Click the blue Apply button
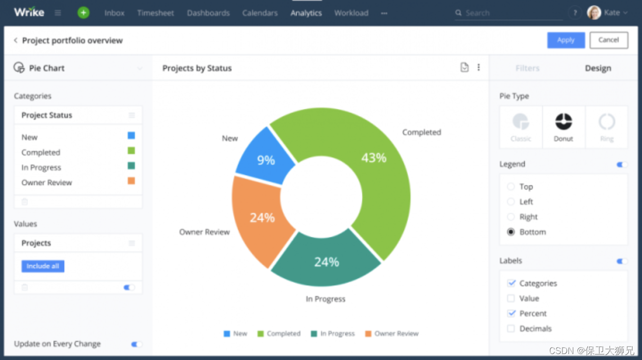click(566, 40)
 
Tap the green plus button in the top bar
click(83, 13)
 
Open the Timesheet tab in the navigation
click(156, 13)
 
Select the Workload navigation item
click(351, 13)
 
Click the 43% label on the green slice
click(374, 158)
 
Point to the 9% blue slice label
click(266, 160)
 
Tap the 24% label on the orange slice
click(262, 218)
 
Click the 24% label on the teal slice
click(327, 262)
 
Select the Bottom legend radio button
click(511, 232)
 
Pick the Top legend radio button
click(511, 186)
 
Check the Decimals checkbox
click(511, 328)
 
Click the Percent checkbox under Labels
click(511, 313)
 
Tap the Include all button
click(43, 266)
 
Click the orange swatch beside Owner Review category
click(131, 181)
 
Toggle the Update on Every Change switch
click(136, 344)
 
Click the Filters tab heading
click(527, 68)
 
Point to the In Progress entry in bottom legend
click(333, 334)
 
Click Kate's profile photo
click(594, 12)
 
